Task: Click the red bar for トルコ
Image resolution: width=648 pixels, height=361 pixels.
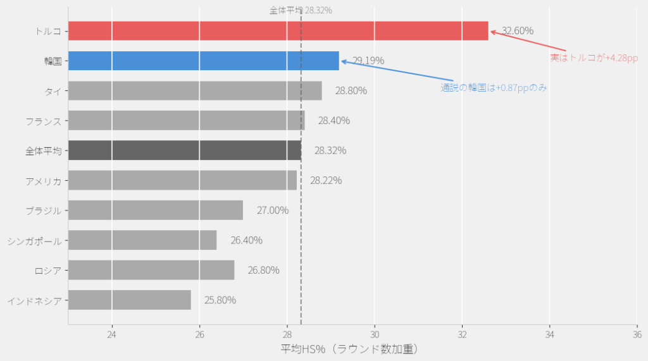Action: click(x=278, y=30)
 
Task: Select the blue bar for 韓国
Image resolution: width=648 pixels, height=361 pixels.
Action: click(x=203, y=61)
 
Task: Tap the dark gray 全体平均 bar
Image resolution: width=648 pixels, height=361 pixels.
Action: click(x=184, y=150)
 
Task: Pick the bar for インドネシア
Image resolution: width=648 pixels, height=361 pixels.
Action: click(x=129, y=300)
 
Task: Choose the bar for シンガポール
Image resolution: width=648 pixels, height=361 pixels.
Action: click(x=142, y=240)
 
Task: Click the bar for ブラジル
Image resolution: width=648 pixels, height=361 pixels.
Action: click(x=155, y=210)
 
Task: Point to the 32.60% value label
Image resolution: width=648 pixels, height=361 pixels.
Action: click(x=518, y=30)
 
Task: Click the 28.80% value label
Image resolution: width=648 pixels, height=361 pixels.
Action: click(x=351, y=90)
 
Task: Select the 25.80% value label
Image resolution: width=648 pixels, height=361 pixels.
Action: click(x=220, y=300)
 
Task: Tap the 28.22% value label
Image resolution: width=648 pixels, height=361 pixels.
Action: click(x=326, y=180)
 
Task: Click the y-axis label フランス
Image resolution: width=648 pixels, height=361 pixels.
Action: click(x=44, y=120)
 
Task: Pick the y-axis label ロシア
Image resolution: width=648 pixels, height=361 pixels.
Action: click(x=48, y=271)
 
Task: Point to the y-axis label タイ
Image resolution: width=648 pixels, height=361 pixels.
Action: click(x=53, y=90)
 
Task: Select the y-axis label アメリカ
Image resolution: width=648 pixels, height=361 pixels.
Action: click(x=44, y=180)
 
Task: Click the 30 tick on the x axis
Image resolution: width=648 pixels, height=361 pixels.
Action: click(x=375, y=334)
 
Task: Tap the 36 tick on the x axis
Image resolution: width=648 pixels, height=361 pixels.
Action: click(x=637, y=334)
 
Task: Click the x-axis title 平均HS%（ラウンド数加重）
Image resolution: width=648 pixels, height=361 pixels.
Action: click(x=349, y=349)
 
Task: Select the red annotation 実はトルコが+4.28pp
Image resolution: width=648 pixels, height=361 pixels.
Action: click(x=594, y=58)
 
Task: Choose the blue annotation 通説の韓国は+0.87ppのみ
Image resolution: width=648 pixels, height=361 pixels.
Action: click(x=494, y=88)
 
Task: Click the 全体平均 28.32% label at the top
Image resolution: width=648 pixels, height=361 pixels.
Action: click(x=301, y=10)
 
